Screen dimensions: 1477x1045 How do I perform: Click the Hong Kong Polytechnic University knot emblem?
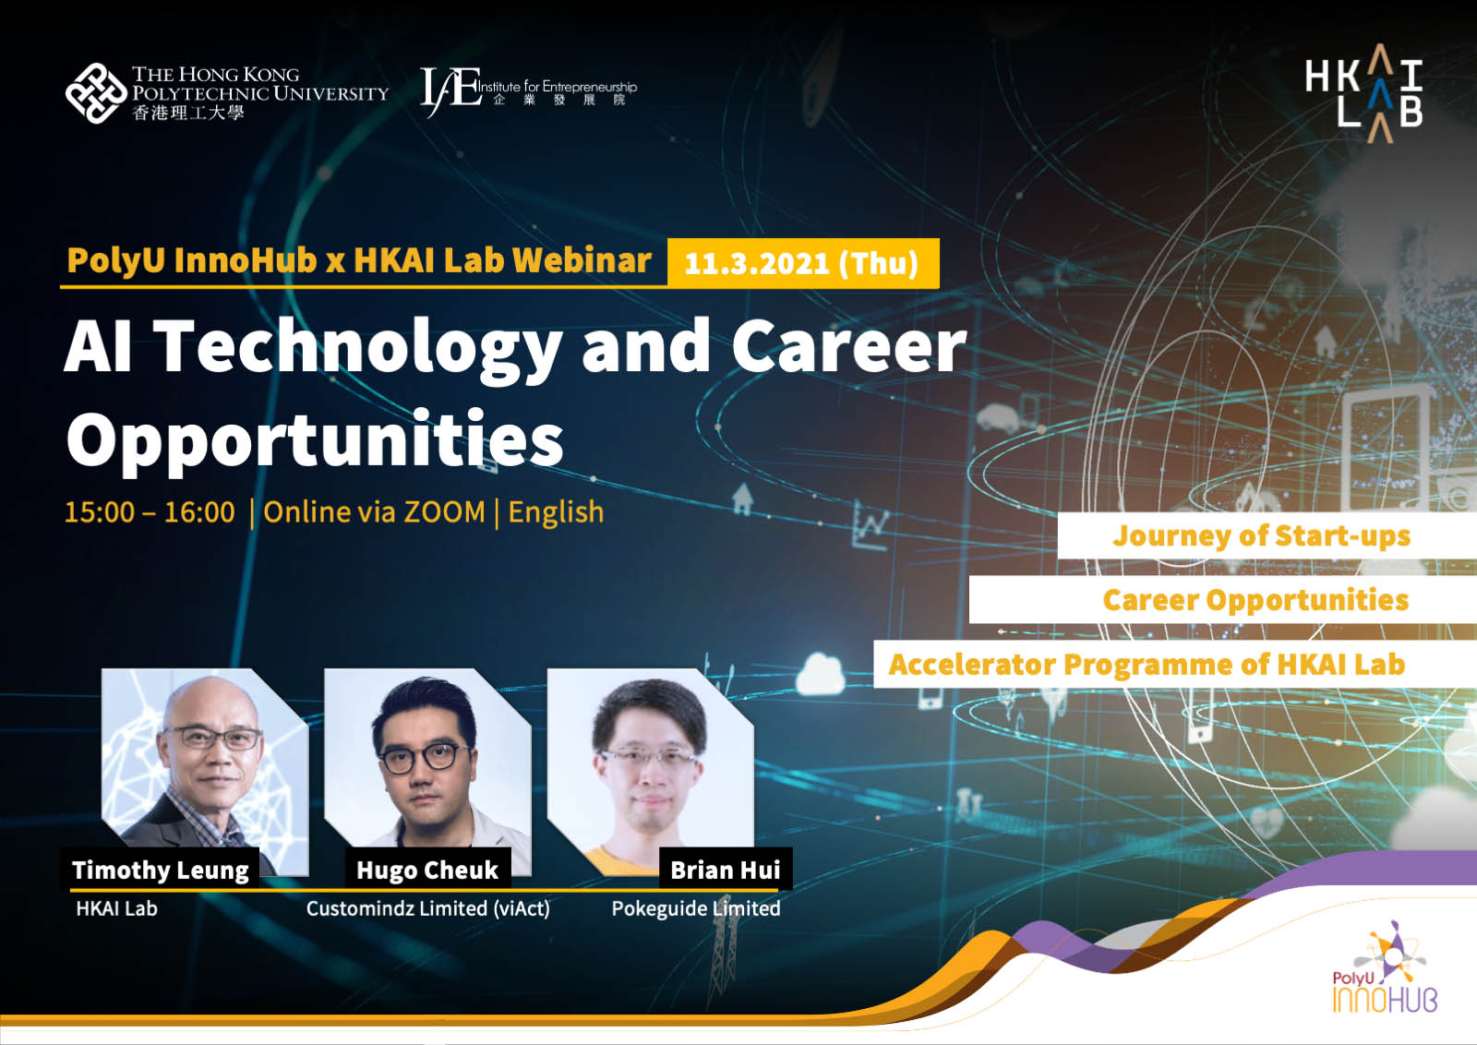coord(96,93)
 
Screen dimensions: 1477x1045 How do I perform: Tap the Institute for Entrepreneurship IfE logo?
coord(528,90)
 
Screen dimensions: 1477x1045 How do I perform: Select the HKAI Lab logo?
coord(1363,93)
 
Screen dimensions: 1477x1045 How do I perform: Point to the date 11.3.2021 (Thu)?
coord(802,264)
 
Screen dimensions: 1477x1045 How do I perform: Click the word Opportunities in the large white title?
coord(315,438)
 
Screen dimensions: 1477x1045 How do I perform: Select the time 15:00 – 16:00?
coord(150,512)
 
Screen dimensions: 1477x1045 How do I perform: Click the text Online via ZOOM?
coord(374,512)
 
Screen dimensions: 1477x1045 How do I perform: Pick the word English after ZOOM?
coord(556,513)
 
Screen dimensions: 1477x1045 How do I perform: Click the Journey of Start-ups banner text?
coord(1261,536)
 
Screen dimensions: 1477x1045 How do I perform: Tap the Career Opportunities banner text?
coord(1255,600)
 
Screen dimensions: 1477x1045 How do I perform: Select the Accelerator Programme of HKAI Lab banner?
coord(1147,664)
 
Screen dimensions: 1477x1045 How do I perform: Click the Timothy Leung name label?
coord(161,871)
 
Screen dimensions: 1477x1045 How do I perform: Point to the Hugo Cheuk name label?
coord(427,871)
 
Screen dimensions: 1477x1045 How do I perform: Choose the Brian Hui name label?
coord(726,871)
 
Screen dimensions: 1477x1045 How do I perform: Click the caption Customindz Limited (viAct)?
coord(428,909)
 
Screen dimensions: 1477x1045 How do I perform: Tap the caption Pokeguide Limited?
coord(696,908)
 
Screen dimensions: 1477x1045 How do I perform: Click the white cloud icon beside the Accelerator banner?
coord(820,673)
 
